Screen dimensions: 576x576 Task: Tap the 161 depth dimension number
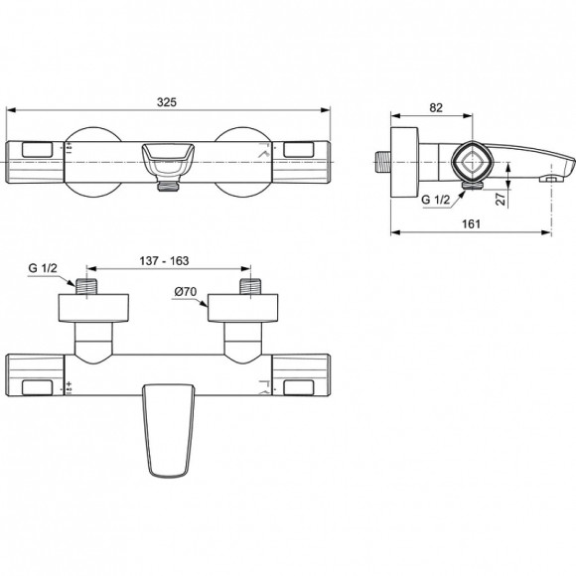[472, 223]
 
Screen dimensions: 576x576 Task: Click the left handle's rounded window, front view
[35, 150]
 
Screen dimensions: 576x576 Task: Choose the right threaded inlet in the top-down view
[247, 286]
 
